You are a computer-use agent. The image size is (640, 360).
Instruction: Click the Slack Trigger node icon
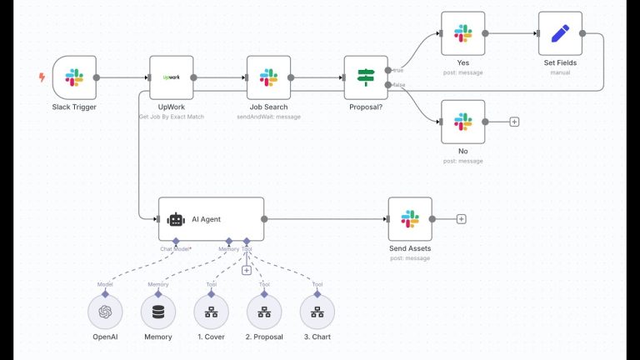(74, 77)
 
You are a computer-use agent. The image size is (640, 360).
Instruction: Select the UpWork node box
(171, 77)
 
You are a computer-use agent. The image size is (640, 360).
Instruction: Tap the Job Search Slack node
(268, 77)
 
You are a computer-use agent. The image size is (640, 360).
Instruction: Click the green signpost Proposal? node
(366, 77)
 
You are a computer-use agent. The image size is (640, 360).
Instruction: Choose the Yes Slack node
(462, 33)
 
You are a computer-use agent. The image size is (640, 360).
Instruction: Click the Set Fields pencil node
(560, 33)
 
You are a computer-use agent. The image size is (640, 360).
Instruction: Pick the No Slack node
(462, 122)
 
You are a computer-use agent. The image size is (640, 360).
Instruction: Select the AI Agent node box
(211, 219)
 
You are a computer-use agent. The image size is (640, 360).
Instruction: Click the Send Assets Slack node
(410, 219)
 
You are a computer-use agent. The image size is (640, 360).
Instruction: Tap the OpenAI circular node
(105, 312)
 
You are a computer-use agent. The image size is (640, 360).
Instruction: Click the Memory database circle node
(158, 312)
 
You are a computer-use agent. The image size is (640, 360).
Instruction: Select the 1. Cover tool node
(211, 312)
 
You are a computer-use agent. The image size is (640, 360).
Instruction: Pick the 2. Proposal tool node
(264, 312)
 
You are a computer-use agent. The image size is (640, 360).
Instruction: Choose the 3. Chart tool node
(317, 312)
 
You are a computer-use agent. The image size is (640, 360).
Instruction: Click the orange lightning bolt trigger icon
(42, 77)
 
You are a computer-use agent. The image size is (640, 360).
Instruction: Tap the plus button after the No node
(514, 122)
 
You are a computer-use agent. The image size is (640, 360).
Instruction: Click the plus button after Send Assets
(461, 219)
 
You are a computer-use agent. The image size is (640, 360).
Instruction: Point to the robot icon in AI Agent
(176, 219)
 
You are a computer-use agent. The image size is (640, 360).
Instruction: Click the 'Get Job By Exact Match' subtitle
(171, 117)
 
